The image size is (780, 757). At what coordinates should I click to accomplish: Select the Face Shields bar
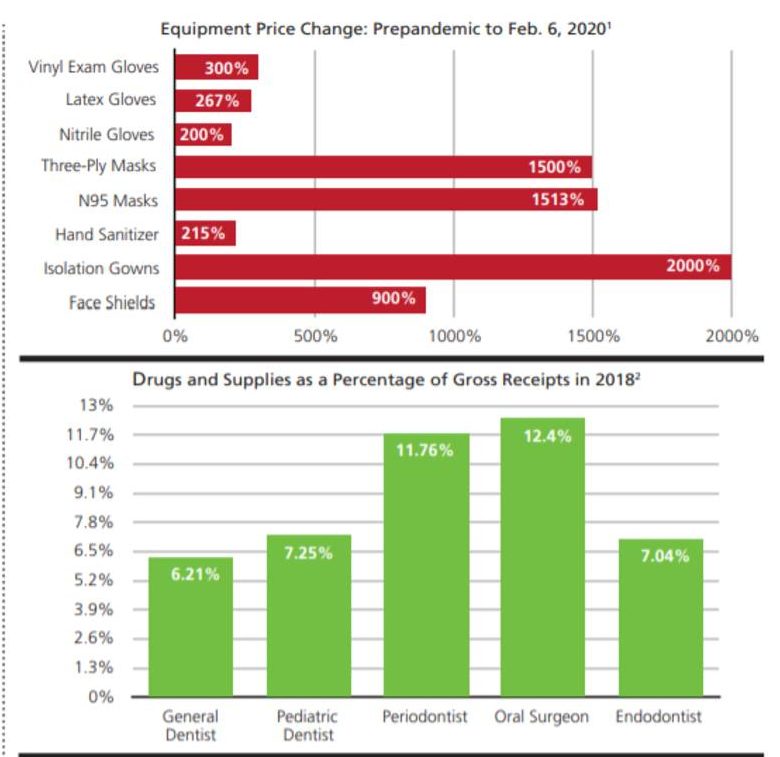point(300,301)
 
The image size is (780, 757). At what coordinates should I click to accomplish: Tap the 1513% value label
point(557,200)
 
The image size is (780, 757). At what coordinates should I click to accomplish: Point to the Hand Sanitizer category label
point(107,235)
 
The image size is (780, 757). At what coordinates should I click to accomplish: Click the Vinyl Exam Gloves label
point(94,68)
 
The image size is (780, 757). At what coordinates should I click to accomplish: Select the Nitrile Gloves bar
point(203,135)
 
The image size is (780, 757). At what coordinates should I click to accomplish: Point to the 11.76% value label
point(424,450)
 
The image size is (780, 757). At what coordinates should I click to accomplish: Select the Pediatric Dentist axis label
point(308,726)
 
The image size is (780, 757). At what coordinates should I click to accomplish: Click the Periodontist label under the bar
point(425,717)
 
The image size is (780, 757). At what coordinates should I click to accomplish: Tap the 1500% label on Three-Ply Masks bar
point(554,167)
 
